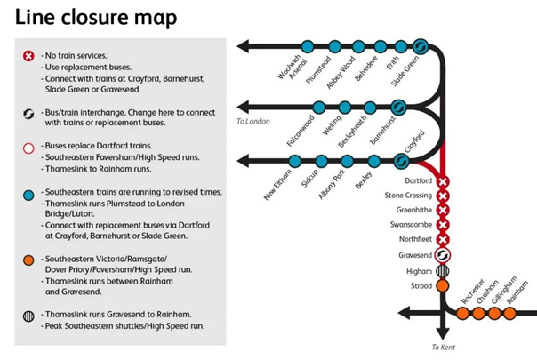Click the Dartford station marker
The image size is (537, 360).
click(x=443, y=181)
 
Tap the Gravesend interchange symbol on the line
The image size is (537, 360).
click(x=443, y=255)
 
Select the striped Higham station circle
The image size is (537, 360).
click(x=443, y=271)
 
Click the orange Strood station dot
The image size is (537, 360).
click(x=443, y=285)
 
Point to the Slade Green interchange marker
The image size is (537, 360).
click(x=421, y=46)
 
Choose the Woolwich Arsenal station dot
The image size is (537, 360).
click(x=308, y=46)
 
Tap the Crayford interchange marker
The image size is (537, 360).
click(x=401, y=161)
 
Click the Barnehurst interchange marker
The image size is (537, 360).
click(x=398, y=108)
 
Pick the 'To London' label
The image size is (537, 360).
click(x=253, y=121)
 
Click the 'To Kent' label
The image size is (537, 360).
click(x=443, y=348)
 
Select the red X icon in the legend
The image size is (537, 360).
click(x=28, y=56)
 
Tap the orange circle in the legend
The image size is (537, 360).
click(x=28, y=260)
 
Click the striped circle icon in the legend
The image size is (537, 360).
click(x=28, y=316)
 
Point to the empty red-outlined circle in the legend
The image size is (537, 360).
click(x=28, y=148)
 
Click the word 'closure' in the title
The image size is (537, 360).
click(x=95, y=17)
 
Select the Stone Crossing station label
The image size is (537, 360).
click(x=408, y=196)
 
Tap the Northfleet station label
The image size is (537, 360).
click(x=415, y=239)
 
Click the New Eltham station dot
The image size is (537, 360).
click(x=295, y=161)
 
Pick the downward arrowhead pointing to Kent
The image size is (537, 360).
click(x=443, y=333)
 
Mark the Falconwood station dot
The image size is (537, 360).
click(x=319, y=108)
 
